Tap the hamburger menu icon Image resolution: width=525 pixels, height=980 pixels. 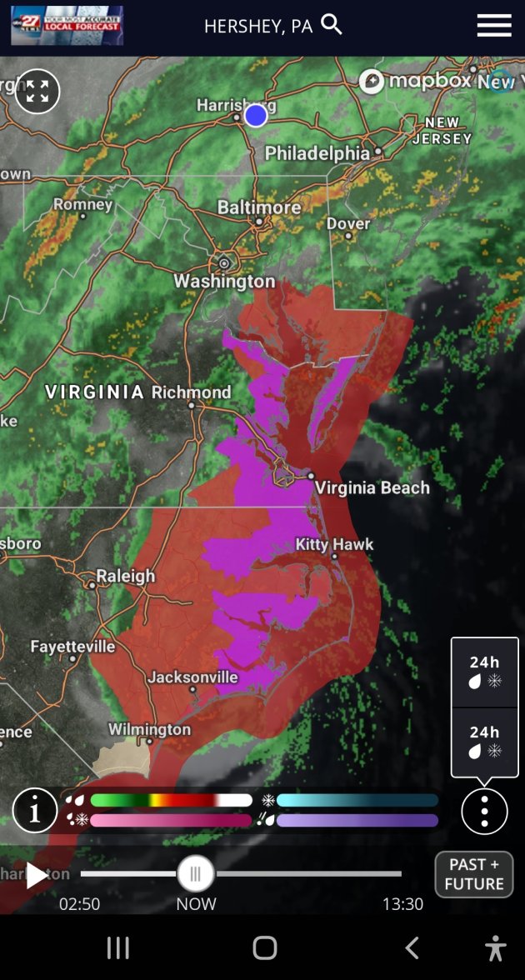pos(494,26)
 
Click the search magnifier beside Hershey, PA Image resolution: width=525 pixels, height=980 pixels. pos(332,25)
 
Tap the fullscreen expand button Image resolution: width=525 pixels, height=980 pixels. pos(37,92)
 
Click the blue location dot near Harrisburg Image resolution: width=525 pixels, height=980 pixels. pos(256,115)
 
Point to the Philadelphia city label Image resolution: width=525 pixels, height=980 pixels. pos(317,153)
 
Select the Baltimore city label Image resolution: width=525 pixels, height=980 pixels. pos(259,207)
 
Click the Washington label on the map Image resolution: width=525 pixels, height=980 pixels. pos(224,281)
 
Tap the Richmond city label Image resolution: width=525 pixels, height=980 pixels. pos(192,392)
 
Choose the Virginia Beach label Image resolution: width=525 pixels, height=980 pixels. pos(372,487)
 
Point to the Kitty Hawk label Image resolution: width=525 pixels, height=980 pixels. pos(335,544)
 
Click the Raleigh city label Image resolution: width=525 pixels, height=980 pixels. pos(125,576)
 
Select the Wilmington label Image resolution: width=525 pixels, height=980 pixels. pos(150,729)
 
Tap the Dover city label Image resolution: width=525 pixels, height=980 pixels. pos(348,223)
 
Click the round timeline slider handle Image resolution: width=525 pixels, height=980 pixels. pos(196,874)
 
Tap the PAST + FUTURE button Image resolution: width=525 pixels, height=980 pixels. pos(473,874)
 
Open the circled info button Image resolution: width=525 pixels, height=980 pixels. pos(35,811)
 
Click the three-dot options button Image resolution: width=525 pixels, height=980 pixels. pos(484,811)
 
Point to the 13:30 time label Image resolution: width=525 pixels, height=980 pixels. pos(402,903)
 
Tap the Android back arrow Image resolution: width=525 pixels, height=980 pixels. pos(412,947)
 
